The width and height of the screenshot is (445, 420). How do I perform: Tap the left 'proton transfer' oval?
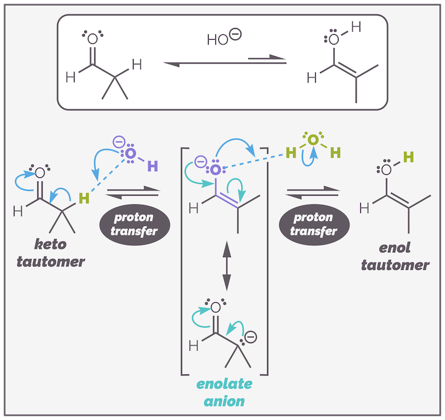131,224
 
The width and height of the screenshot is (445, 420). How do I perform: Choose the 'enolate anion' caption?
224,391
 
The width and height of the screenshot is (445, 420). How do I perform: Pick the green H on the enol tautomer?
408,158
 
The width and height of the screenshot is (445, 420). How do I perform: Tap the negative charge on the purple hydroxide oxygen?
118,143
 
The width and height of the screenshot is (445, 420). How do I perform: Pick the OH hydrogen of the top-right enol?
356,28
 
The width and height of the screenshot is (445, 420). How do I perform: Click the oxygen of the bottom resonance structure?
215,308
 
